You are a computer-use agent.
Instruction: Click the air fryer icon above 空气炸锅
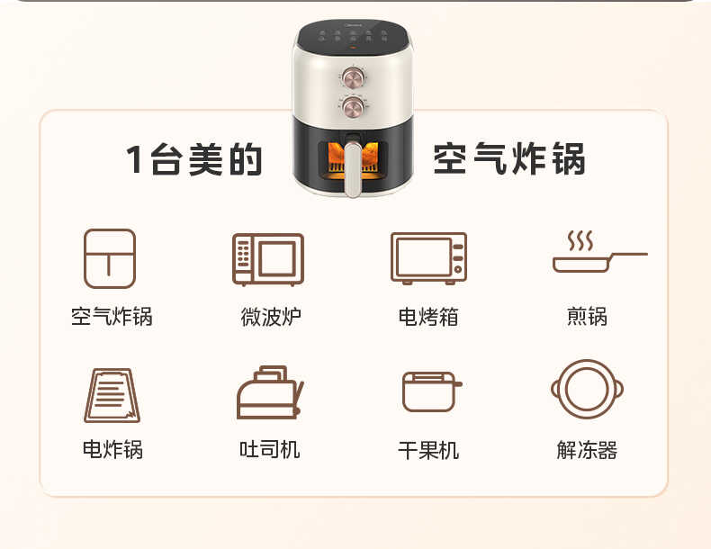[110, 258]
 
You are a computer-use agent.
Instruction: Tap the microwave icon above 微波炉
[268, 259]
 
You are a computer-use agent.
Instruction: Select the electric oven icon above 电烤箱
[428, 258]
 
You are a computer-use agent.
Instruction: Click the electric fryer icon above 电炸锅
[112, 394]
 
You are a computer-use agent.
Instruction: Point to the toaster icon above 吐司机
[269, 393]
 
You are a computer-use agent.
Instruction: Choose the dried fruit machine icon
[430, 391]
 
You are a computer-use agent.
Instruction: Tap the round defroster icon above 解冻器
[587, 391]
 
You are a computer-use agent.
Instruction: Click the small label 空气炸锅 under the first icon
[112, 317]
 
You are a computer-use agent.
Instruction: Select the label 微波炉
[270, 317]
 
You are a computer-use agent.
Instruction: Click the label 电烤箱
[428, 317]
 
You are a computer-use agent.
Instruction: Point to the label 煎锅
[587, 317]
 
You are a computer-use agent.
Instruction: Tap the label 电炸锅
[112, 450]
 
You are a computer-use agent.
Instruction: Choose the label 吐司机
[270, 450]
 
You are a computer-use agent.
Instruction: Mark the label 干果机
[428, 450]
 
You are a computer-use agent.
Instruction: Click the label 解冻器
[587, 450]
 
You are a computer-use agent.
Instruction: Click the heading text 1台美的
[194, 159]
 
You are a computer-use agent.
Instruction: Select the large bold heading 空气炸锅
[509, 159]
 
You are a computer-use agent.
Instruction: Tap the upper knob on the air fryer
[351, 75]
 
